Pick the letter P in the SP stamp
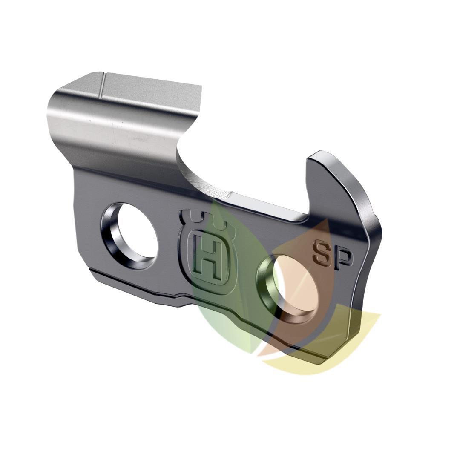343,259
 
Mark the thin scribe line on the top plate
102,85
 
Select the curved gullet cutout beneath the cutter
200,170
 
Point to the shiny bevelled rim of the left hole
112,239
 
